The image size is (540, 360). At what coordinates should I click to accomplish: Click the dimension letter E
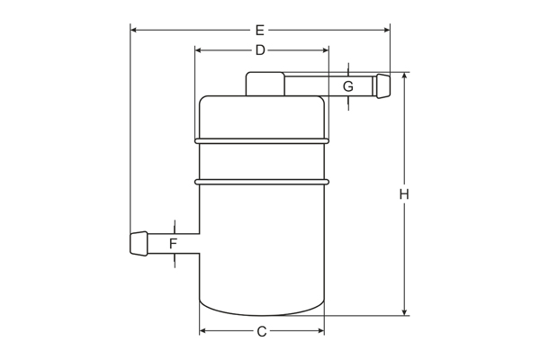tap(260, 31)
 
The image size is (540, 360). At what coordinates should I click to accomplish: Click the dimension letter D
tap(260, 50)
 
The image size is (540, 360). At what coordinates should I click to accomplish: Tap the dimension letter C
tap(262, 331)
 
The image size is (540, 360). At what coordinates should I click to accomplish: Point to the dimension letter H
tap(404, 194)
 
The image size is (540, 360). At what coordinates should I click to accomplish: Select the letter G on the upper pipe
tap(348, 86)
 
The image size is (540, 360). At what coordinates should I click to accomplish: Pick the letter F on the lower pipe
tap(173, 244)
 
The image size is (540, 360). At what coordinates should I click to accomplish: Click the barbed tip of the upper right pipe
tap(383, 86)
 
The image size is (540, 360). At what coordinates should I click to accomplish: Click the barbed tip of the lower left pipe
tap(139, 244)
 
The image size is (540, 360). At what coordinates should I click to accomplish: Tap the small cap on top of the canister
tap(265, 84)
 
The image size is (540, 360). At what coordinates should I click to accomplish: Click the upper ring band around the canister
tap(262, 141)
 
